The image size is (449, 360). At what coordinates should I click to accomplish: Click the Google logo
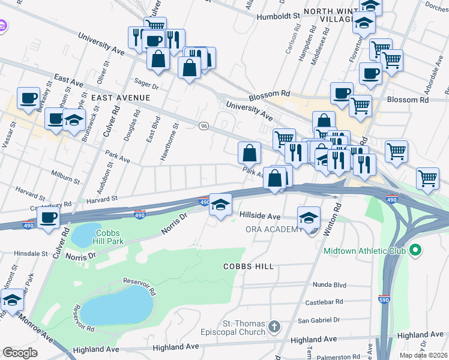(20, 353)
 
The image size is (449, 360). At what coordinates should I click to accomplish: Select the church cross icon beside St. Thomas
(274, 327)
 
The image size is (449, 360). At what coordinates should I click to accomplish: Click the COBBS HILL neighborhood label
(249, 266)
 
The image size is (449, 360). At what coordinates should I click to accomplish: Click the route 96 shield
(204, 125)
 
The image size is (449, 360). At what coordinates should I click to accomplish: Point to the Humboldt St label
(278, 17)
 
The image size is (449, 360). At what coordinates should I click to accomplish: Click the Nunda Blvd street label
(330, 285)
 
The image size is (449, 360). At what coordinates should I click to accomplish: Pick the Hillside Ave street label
(260, 216)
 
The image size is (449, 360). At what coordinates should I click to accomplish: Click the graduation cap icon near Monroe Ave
(11, 299)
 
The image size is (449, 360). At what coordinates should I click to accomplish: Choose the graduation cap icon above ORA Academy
(309, 217)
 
